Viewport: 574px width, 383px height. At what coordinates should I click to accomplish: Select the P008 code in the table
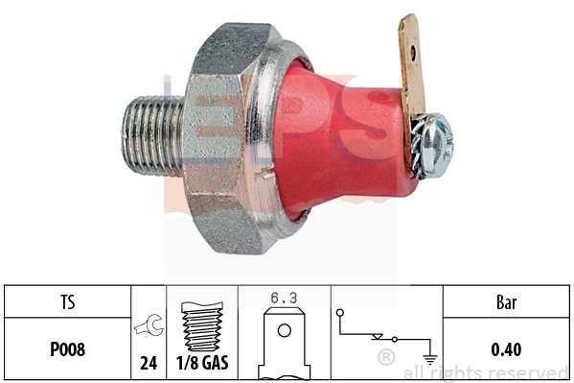point(66,349)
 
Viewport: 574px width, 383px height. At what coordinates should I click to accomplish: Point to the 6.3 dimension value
point(284,298)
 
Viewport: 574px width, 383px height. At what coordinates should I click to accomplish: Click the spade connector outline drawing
point(284,341)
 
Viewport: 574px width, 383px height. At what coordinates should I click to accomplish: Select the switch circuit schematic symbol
point(379,336)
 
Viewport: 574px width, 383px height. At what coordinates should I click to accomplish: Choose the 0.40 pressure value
point(506,349)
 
